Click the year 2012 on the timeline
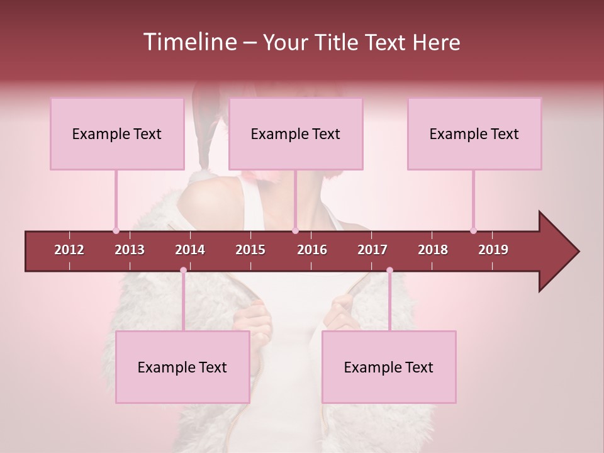(69, 250)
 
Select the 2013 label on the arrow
(130, 250)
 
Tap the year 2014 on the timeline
(190, 250)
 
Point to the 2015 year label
(250, 250)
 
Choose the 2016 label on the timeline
(312, 250)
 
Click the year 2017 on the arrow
(372, 250)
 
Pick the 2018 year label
(433, 250)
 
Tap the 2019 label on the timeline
(493, 250)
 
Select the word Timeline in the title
(189, 42)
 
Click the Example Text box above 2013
(117, 133)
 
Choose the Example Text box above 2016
(296, 133)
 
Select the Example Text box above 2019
(474, 133)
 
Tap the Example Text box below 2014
(182, 367)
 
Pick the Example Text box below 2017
(389, 367)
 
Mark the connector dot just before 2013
(116, 230)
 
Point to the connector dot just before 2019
(473, 230)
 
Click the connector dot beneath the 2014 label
(183, 271)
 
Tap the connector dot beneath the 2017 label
(389, 271)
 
